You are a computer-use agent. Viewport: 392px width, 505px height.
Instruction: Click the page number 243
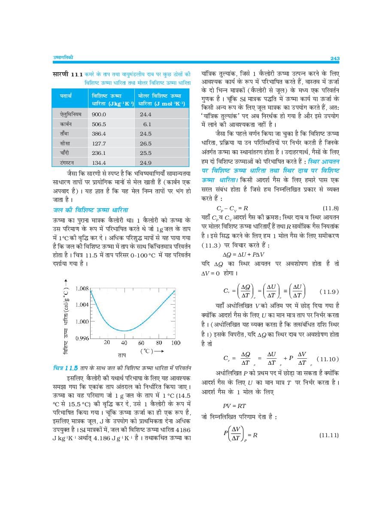335,58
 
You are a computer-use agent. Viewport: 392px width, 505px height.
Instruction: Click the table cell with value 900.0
99,115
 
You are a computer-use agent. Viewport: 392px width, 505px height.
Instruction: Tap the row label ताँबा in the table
66,133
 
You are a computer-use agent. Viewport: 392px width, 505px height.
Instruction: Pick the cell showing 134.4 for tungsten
99,163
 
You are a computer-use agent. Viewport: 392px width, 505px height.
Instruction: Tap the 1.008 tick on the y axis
82,288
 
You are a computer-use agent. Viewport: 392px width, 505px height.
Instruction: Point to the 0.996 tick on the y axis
82,338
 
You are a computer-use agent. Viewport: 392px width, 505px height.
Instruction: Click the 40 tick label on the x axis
124,343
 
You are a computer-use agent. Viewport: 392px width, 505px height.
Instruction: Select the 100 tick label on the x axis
175,343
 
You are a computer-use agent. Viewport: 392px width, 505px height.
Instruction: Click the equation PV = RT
234,405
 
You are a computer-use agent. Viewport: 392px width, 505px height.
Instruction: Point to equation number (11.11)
329,435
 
